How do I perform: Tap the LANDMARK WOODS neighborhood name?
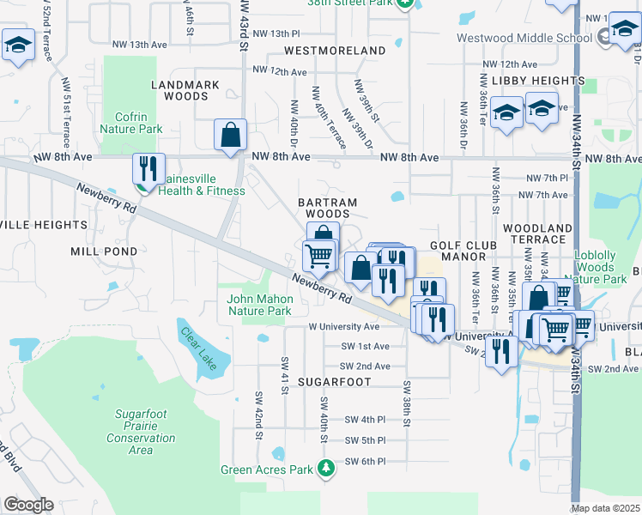[x=185, y=91]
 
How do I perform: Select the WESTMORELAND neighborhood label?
[x=335, y=51]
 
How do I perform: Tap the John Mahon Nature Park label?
[x=260, y=305]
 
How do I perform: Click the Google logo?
[x=28, y=505]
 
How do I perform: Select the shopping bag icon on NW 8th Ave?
[x=230, y=136]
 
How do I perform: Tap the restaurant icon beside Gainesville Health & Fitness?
[x=148, y=168]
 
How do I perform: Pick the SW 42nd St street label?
[x=257, y=415]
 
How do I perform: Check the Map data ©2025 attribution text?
[x=606, y=508]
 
